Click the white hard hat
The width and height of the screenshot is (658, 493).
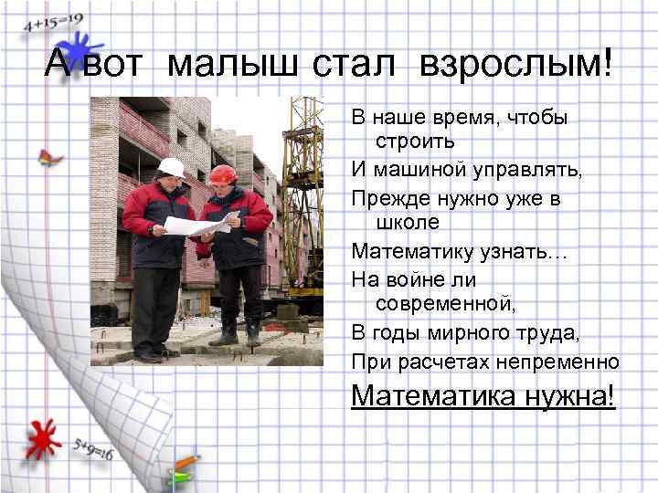(x=171, y=167)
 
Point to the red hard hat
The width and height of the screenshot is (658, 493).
(x=221, y=173)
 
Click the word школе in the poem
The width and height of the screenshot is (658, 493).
(x=408, y=222)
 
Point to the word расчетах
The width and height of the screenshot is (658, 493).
(x=435, y=362)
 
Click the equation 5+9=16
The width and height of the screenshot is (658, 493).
(x=92, y=446)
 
